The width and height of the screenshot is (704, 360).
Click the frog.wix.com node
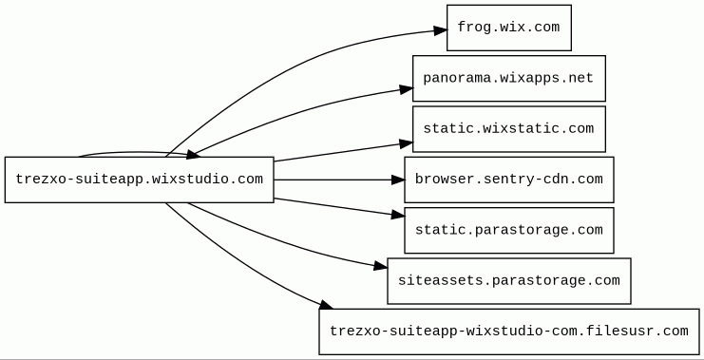[508, 28]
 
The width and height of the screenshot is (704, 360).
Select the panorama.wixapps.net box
[508, 79]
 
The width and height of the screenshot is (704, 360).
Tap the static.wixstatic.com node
[508, 129]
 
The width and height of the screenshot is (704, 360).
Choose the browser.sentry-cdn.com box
[508, 180]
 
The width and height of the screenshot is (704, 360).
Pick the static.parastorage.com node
[508, 230]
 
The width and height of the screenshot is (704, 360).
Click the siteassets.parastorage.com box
[508, 281]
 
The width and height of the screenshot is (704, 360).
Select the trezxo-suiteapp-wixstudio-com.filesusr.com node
[509, 332]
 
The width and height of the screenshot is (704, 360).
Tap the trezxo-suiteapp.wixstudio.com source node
[139, 180]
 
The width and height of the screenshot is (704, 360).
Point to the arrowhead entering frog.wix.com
[441, 30]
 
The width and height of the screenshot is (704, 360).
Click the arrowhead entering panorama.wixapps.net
[407, 89]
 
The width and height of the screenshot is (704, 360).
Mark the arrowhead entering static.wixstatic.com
[407, 143]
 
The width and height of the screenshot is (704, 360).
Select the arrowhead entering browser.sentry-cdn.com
[398, 180]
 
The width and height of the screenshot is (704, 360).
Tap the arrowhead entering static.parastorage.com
[398, 216]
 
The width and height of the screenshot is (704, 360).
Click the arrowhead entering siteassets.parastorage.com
[381, 266]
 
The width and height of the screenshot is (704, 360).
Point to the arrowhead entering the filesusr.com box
[326, 305]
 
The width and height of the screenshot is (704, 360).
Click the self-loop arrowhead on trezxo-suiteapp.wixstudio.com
[193, 155]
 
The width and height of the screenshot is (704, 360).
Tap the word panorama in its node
[449, 79]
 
